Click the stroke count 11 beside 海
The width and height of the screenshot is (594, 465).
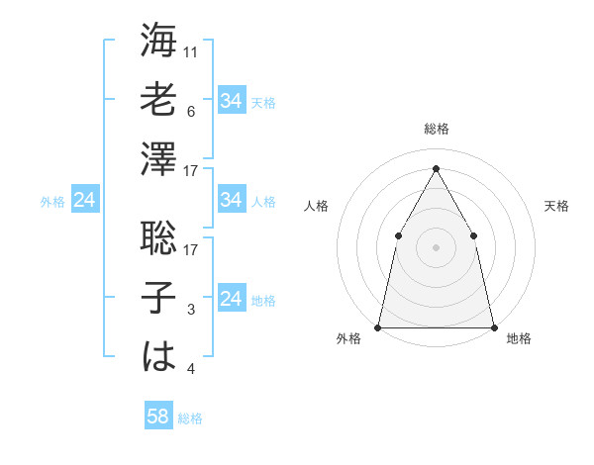click(192, 51)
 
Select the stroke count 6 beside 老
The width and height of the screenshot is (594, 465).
click(192, 111)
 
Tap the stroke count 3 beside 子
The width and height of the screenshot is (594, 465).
click(192, 311)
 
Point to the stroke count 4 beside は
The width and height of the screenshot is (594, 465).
click(192, 370)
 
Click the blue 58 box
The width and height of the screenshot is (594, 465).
click(158, 417)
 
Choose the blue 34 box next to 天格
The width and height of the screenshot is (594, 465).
click(232, 101)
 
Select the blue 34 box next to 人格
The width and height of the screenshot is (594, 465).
click(232, 201)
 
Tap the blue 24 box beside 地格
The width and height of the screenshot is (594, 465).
click(232, 299)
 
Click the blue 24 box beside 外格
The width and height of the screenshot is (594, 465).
click(85, 201)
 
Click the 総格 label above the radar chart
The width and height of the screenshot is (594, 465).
click(437, 129)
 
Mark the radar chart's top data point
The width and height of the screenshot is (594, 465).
click(436, 167)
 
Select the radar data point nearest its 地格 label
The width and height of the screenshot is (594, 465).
click(493, 326)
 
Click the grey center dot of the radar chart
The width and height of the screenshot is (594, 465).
click(436, 246)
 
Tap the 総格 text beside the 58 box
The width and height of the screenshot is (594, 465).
click(190, 418)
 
